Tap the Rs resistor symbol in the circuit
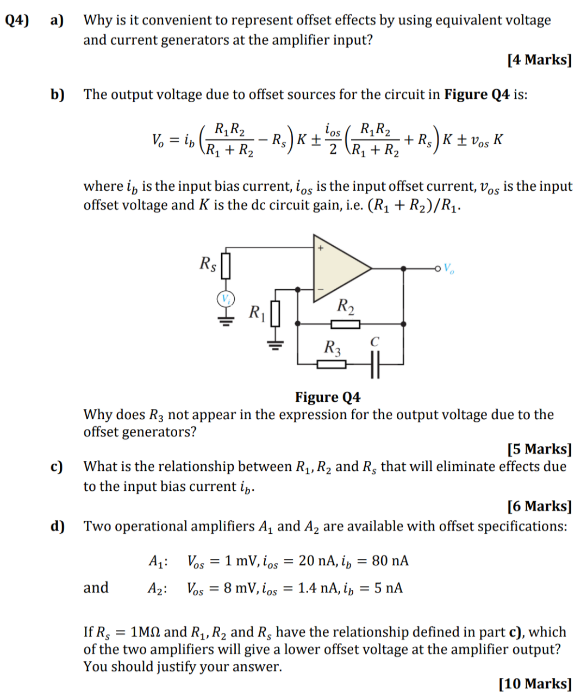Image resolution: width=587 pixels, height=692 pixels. point(226,265)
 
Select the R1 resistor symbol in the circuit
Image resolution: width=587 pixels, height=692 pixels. point(275,314)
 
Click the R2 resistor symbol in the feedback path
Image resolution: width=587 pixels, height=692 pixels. point(346,325)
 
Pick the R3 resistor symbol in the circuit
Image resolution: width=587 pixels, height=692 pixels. point(331,364)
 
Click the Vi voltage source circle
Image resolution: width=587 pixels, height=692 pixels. point(226,298)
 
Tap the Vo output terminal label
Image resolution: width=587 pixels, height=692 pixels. point(449,268)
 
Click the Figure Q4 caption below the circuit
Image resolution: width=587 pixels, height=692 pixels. point(328,397)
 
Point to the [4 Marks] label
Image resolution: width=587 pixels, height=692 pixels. point(540,59)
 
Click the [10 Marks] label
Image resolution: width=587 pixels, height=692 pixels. point(535,683)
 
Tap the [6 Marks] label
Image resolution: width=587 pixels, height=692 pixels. point(540,506)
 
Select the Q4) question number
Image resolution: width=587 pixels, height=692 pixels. point(16,20)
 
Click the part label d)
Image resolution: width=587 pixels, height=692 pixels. point(57,526)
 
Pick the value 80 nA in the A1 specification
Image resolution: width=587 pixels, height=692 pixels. point(390,560)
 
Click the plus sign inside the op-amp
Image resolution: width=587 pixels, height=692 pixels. point(321,248)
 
